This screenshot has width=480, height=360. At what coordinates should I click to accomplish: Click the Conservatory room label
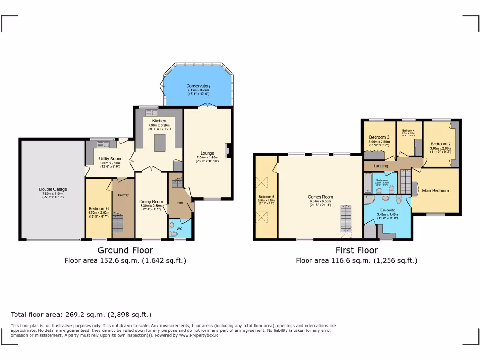[198, 86]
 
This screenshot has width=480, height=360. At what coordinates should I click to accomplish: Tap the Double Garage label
[52, 189]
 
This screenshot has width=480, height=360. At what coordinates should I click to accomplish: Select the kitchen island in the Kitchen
[160, 142]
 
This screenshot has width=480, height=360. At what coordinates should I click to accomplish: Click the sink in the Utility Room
[103, 144]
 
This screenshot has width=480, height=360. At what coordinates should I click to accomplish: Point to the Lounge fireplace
[228, 151]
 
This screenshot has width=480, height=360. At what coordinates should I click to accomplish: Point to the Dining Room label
[151, 202]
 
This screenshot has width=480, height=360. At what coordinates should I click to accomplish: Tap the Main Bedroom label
[435, 191]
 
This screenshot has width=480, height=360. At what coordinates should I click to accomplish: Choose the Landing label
[381, 166]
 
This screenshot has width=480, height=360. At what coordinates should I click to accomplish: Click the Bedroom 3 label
[379, 137]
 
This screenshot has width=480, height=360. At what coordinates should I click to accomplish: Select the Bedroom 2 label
[441, 144]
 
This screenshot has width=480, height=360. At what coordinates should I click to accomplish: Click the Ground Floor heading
[125, 250]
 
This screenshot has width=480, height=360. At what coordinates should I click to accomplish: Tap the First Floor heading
[356, 250]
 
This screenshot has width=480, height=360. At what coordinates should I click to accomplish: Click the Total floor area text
[81, 315]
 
